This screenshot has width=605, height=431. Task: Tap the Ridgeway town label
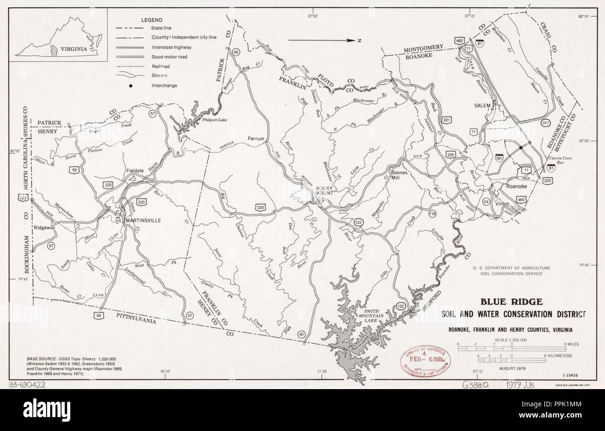45,228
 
